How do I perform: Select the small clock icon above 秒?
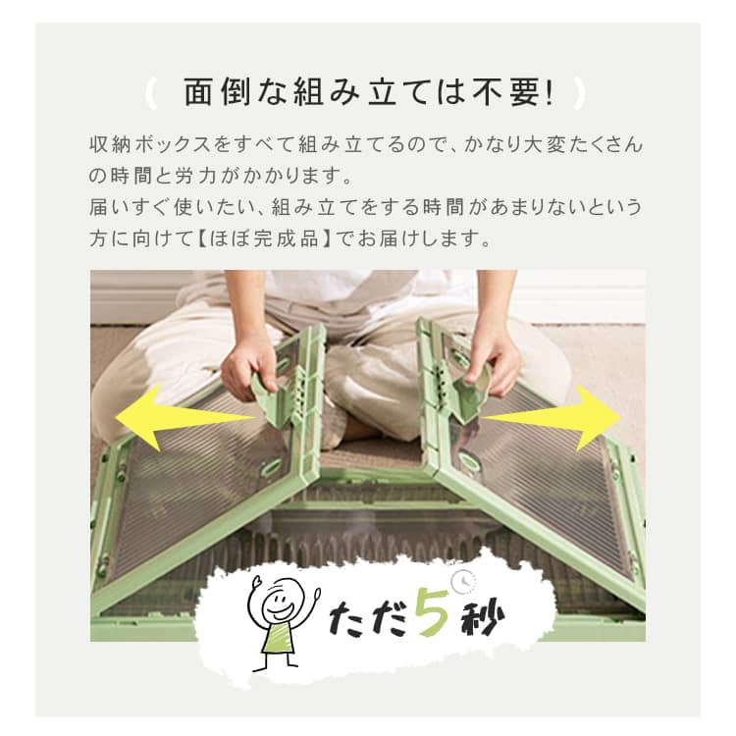464,581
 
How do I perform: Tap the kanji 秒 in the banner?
483,618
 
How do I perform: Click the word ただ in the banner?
368,617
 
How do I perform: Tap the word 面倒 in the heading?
218,93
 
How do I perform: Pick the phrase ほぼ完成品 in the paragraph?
264,238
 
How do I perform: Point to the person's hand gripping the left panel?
248,371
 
